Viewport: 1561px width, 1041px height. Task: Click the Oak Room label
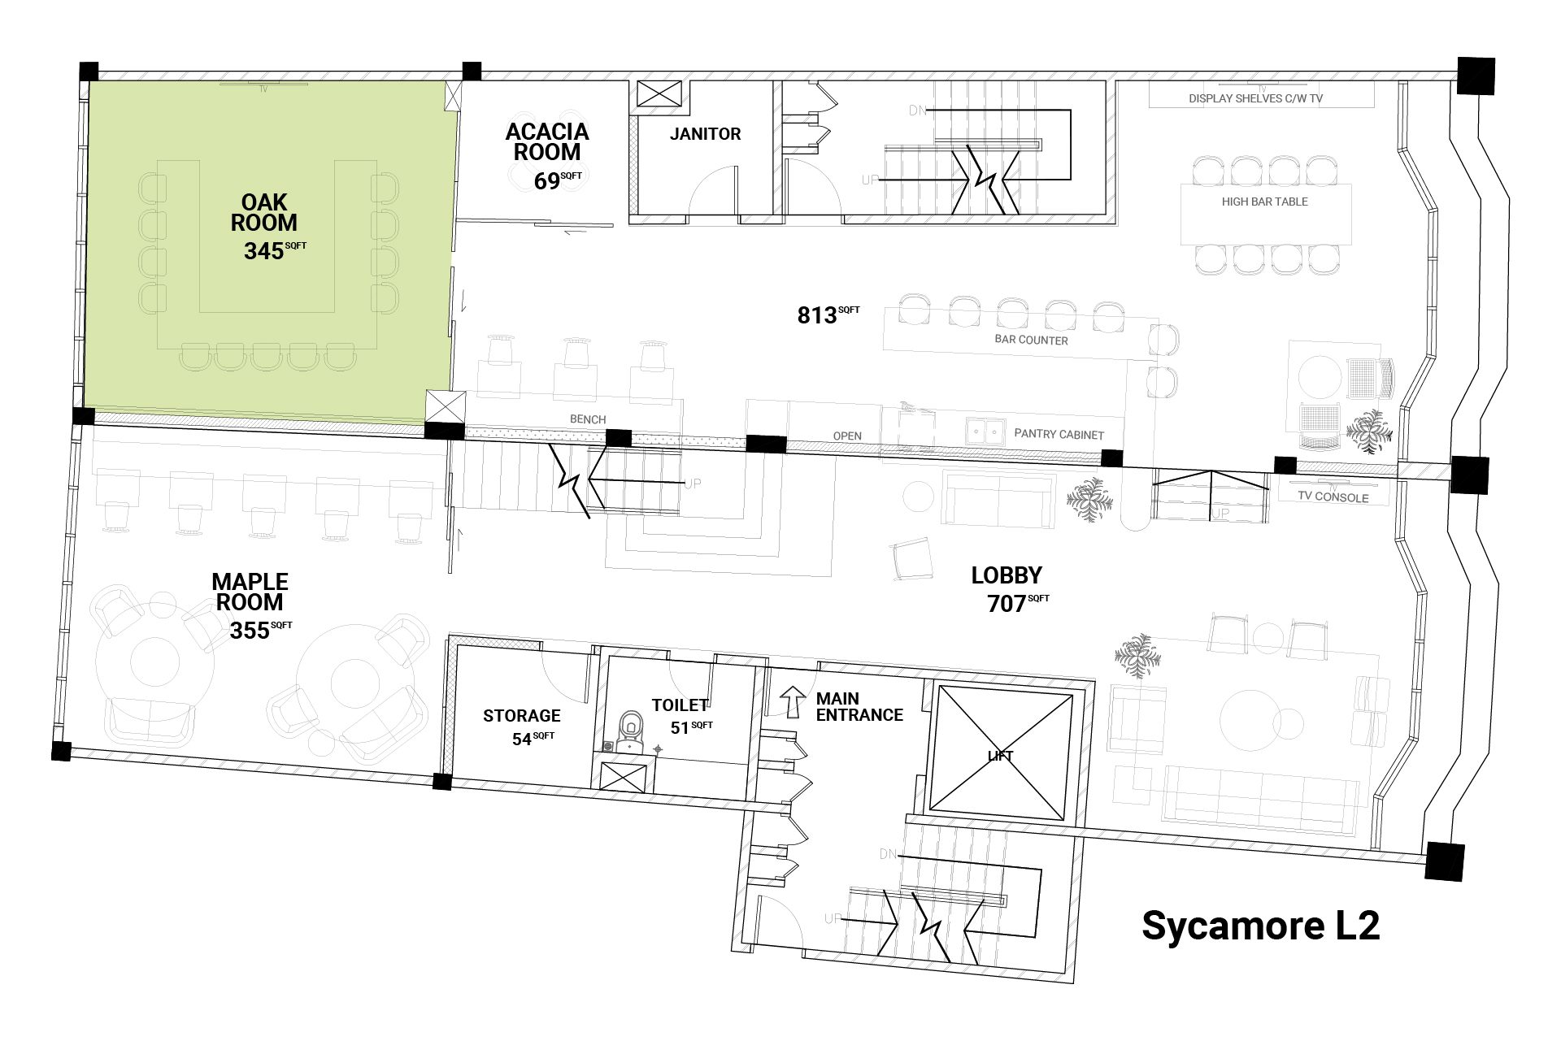(263, 212)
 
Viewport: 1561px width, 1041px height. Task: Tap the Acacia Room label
(547, 141)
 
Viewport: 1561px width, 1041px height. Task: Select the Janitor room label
(705, 134)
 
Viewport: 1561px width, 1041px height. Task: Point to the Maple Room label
(250, 592)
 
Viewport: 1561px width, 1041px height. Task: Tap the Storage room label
(522, 716)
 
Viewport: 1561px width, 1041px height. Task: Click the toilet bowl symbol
(629, 731)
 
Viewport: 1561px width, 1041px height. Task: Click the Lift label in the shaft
(1000, 756)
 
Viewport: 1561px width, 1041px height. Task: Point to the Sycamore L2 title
(1261, 925)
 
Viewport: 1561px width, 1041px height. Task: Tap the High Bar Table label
(1264, 202)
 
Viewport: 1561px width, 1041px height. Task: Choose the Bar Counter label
(1031, 340)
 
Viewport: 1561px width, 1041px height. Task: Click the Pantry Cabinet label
(1059, 434)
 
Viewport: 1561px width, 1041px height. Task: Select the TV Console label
(1333, 497)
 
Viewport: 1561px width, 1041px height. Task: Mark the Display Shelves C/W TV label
(1256, 98)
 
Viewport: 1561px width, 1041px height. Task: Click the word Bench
(588, 419)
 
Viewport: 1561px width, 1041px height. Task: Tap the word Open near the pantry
(847, 436)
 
